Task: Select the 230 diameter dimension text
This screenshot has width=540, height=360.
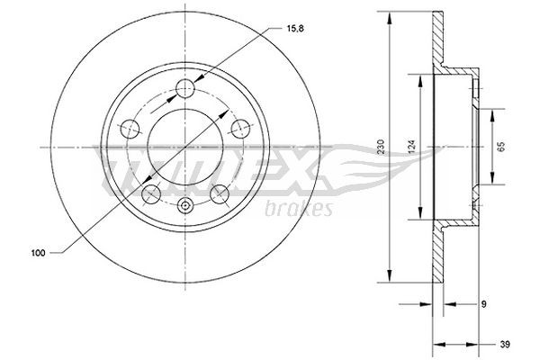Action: click(382, 147)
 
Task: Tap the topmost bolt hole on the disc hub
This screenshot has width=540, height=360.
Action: click(184, 88)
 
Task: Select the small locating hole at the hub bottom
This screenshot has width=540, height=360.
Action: click(184, 206)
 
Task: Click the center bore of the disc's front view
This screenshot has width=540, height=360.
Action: click(184, 147)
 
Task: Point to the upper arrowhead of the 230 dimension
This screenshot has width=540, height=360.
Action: click(390, 14)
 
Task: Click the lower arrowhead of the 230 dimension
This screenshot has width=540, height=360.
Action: click(390, 278)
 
